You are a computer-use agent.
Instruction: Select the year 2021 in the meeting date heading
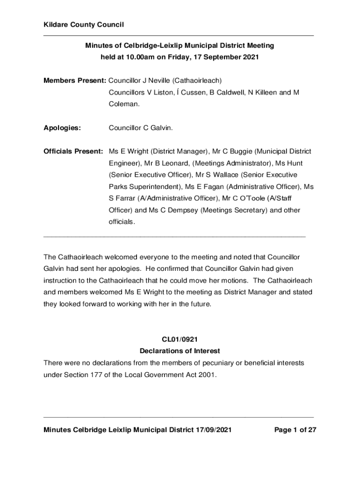[x=250, y=58]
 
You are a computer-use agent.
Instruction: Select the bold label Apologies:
[x=62, y=127]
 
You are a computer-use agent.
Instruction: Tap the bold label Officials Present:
[x=73, y=152]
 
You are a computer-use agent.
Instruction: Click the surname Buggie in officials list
[x=240, y=152]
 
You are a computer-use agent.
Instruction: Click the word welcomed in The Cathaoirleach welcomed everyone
[x=121, y=257]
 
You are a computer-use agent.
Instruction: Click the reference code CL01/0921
[x=180, y=339]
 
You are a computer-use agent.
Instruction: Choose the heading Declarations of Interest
[x=180, y=351]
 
